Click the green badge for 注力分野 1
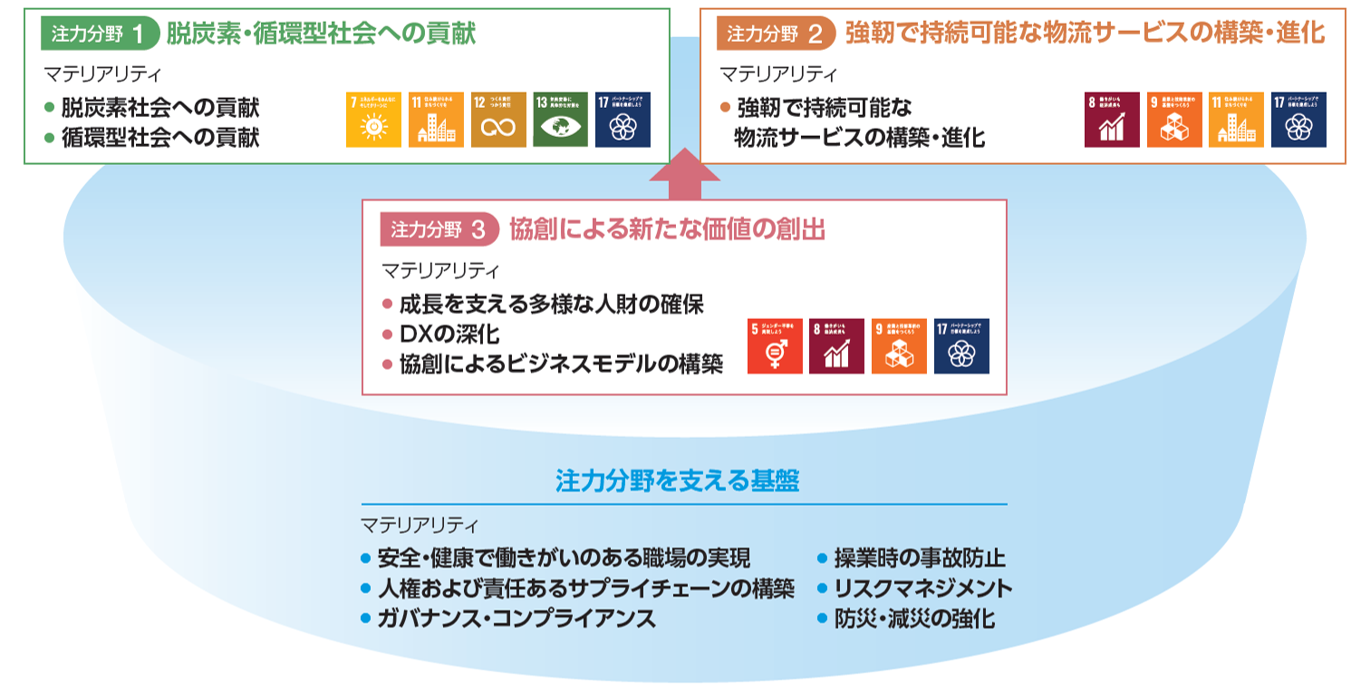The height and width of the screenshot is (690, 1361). point(97,34)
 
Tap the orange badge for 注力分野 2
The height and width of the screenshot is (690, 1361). point(775,34)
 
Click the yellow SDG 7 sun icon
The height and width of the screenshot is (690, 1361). point(373,120)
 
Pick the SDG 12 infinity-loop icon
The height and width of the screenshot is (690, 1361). point(498,120)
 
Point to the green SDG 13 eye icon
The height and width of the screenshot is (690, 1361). point(560,120)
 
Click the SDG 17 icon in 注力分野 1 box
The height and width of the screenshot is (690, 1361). point(623,120)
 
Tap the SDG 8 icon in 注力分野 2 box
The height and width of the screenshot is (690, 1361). point(1112,120)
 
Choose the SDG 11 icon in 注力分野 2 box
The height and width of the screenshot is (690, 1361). point(1236,120)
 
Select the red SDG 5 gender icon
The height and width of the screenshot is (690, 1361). point(775,346)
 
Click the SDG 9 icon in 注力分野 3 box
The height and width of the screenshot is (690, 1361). point(899,346)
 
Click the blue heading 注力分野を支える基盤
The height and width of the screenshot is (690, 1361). point(678,480)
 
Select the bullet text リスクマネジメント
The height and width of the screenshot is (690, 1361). point(923,588)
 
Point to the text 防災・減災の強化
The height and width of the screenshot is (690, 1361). point(914,619)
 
